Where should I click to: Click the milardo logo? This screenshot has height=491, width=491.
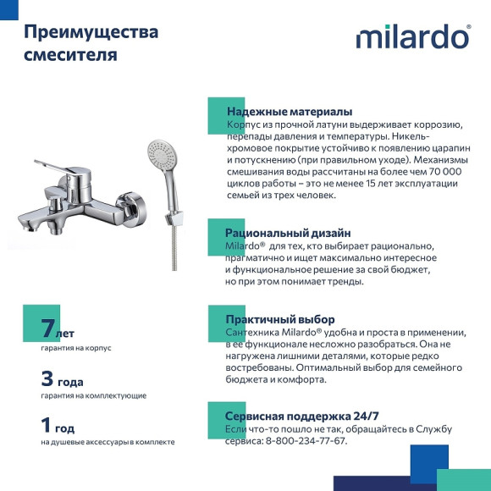(x=412, y=36)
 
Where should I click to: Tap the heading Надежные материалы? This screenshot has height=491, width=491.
(x=289, y=112)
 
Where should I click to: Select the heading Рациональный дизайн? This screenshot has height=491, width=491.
(x=287, y=233)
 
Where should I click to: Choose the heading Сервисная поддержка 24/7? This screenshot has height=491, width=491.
(x=301, y=417)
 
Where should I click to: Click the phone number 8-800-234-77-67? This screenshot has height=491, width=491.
(x=306, y=441)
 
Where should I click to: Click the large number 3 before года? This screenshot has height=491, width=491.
(x=47, y=378)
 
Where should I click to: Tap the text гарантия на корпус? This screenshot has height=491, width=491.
(x=75, y=348)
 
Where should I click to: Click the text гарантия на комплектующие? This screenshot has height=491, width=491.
(x=93, y=395)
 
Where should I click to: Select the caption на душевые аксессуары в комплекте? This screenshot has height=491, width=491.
(x=108, y=442)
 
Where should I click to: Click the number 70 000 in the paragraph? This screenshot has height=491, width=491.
(x=438, y=171)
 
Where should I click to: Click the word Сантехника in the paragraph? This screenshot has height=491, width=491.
(x=254, y=333)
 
